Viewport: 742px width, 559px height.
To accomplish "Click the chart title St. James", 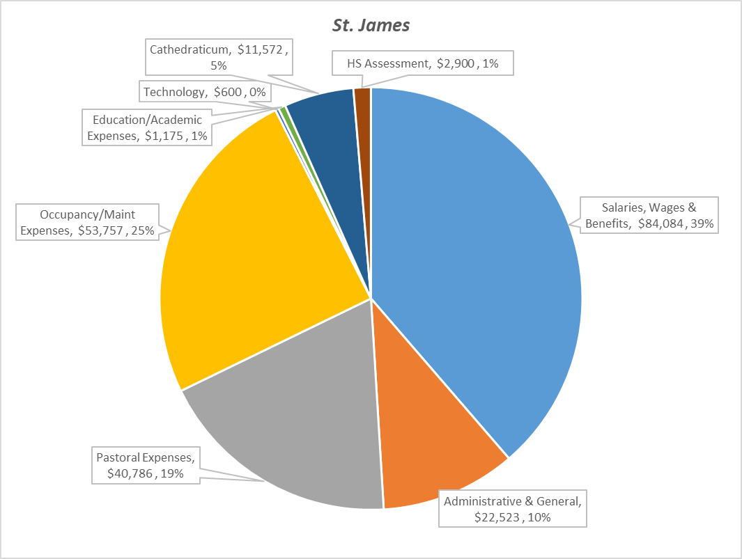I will pos(370,26).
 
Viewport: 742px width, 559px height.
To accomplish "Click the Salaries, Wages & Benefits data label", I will pos(649,216).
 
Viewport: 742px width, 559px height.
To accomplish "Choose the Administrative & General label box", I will pos(512,509).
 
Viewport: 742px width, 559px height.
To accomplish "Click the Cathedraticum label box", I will pos(219,58).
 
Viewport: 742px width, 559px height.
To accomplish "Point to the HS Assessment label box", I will pos(423,64).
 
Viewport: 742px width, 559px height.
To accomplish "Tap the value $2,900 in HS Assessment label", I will pos(456,64).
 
